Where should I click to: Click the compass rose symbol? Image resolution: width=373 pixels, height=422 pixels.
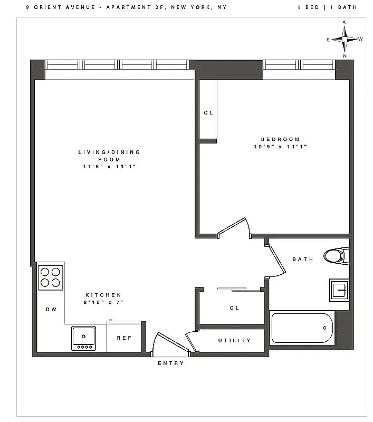click(x=345, y=39)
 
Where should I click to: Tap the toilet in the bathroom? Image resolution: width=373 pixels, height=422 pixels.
click(x=334, y=256)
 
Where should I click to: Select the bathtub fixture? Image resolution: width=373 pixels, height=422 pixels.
click(x=303, y=328)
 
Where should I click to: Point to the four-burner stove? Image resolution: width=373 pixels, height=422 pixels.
click(x=51, y=277)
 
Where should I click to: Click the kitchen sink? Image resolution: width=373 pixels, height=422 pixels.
click(x=84, y=338)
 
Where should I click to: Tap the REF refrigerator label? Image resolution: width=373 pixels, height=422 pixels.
click(x=124, y=338)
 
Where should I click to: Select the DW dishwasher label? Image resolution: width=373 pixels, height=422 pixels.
click(x=51, y=310)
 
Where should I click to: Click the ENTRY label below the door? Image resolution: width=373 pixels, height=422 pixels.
click(x=171, y=363)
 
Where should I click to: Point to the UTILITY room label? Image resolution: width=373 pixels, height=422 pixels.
click(x=234, y=340)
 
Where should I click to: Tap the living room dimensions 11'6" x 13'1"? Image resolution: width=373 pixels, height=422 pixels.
click(x=109, y=166)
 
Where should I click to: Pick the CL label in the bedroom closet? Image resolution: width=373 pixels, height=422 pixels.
click(x=208, y=112)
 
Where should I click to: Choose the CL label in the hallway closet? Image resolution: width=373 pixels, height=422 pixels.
click(x=234, y=308)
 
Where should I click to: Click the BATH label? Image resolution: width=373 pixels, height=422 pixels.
click(x=303, y=259)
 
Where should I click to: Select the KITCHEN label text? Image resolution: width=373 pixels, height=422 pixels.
click(x=103, y=295)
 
